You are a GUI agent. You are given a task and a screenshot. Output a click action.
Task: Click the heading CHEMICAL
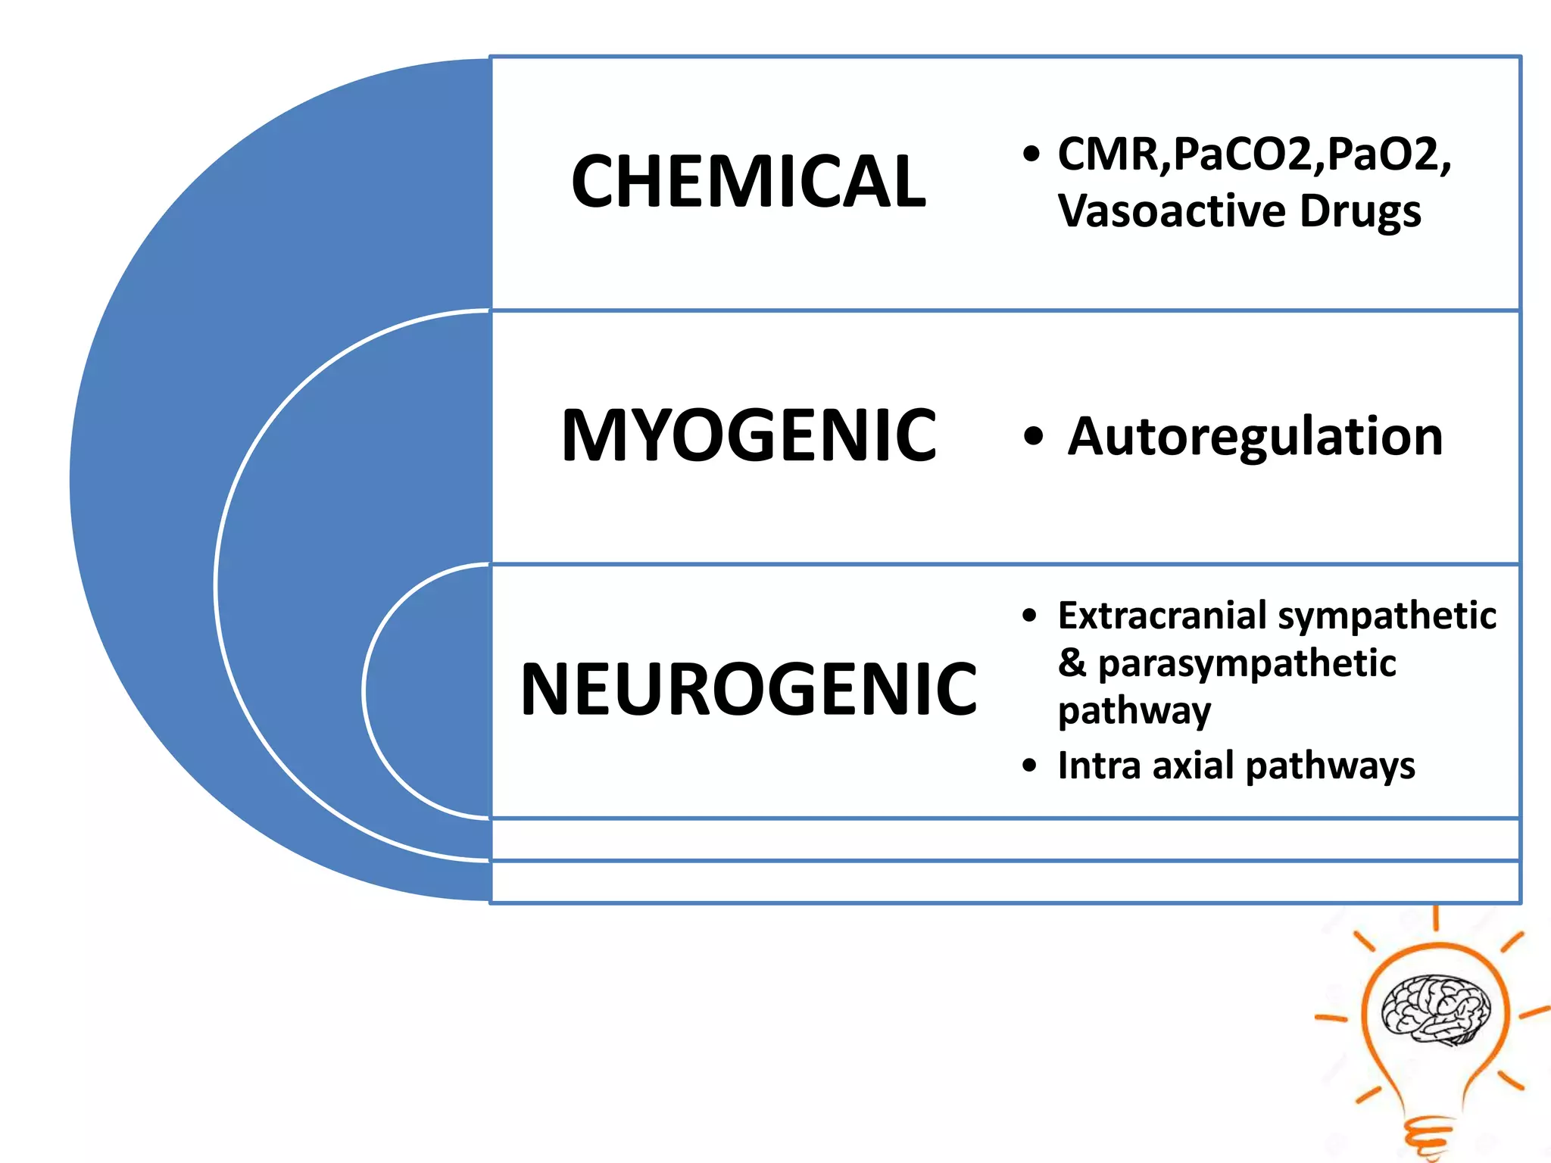[x=748, y=182]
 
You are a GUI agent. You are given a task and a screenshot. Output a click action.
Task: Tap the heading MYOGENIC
[x=748, y=435]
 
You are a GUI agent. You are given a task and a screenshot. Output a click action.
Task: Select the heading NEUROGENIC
[x=748, y=689]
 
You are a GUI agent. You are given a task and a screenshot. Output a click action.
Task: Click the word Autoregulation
[x=1255, y=437]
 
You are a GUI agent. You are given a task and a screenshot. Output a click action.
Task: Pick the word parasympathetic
[x=1247, y=665]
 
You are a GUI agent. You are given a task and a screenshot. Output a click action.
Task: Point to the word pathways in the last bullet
[x=1330, y=766]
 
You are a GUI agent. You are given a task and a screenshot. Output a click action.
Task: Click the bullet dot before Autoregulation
[x=1032, y=437]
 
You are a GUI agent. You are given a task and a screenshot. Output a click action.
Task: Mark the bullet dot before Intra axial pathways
[x=1028, y=765]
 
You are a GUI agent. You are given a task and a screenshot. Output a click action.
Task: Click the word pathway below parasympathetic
[x=1134, y=712]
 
